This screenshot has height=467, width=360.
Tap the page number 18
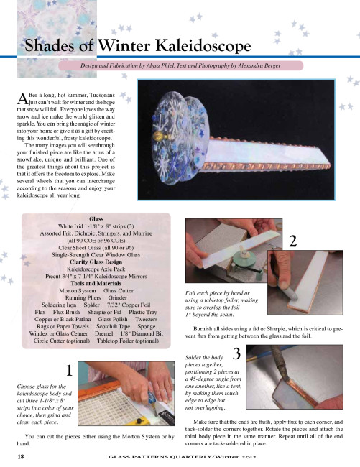point(21,456)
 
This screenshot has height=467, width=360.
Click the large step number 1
point(69,370)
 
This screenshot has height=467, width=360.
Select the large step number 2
point(293,241)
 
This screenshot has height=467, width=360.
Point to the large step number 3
point(236,353)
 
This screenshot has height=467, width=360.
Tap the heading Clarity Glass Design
point(96,262)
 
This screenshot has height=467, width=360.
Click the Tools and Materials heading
point(96,284)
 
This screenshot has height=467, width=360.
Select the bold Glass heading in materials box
point(96,219)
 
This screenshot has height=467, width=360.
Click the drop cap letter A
point(22,98)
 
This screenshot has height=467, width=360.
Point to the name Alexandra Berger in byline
point(259,65)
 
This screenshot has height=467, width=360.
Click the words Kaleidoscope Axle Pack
point(96,269)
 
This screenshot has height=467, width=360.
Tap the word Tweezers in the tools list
point(146,319)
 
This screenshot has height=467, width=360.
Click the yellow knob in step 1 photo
point(139,421)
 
